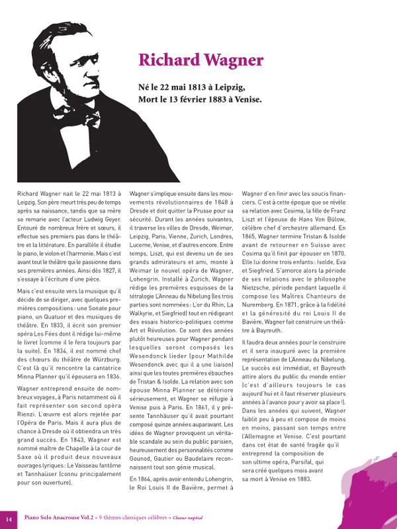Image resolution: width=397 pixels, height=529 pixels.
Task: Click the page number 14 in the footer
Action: (x=9, y=517)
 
